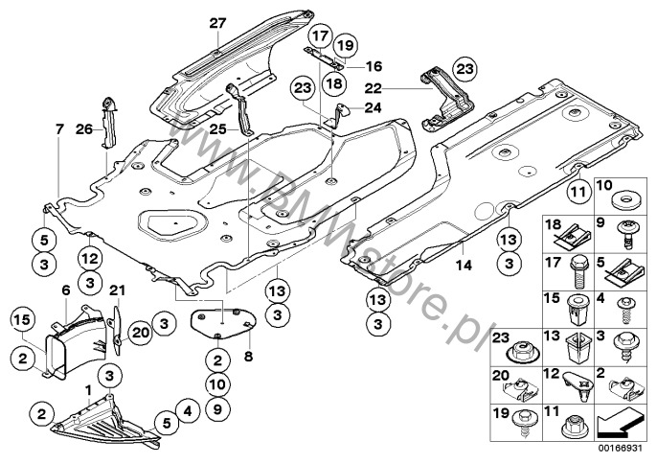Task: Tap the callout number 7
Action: [58, 128]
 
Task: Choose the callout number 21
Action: [116, 290]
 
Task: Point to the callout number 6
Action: [66, 290]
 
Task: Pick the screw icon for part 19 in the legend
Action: [579, 420]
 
